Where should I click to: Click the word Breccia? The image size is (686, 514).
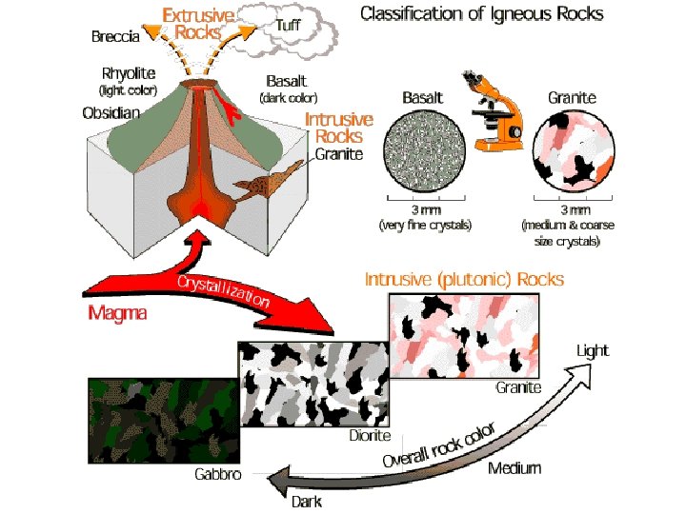tap(115, 37)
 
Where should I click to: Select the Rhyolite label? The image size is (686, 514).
tap(131, 73)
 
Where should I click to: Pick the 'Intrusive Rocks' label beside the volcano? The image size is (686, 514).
tap(339, 128)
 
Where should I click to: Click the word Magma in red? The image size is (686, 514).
tap(118, 312)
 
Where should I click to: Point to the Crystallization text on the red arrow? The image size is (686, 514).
tap(221, 288)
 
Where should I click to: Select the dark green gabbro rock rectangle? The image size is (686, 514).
tap(162, 419)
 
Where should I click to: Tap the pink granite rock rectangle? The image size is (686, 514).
tap(466, 336)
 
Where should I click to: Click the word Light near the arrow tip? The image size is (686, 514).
tap(593, 350)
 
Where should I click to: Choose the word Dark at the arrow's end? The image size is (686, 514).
tap(306, 502)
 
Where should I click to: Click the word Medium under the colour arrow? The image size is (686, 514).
tap(514, 467)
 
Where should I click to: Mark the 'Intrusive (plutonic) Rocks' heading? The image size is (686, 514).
tap(465, 280)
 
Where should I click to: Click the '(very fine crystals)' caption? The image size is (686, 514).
tap(426, 226)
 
